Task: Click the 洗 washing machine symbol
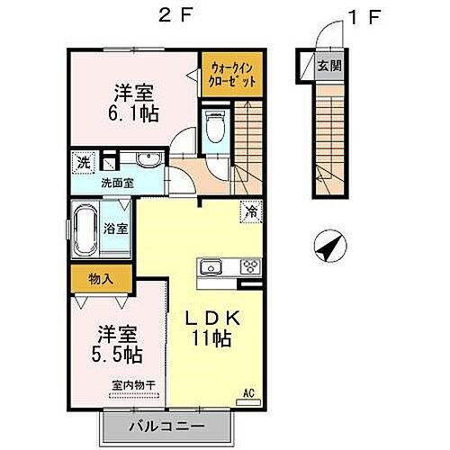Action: (x=81, y=164)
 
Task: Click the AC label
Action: (x=248, y=393)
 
